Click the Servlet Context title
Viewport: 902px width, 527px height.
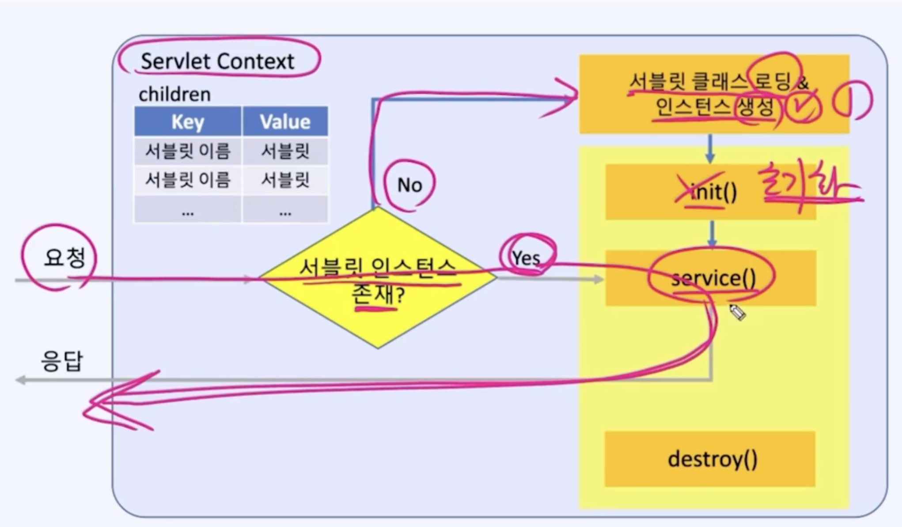[217, 61]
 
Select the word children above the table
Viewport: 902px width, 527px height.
[174, 94]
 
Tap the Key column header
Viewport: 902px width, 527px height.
[188, 122]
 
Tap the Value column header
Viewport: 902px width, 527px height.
[285, 122]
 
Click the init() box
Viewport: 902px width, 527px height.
[710, 192]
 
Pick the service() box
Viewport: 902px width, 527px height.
[710, 278]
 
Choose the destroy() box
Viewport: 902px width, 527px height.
[710, 459]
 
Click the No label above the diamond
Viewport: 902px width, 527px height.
[409, 185]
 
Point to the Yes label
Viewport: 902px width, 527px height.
[526, 257]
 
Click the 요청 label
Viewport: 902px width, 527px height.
[64, 257]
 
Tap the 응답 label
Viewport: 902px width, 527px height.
[61, 361]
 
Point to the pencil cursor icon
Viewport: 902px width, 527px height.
[737, 312]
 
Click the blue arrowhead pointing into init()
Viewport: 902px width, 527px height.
[710, 157]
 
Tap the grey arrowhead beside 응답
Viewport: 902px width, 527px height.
[20, 380]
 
